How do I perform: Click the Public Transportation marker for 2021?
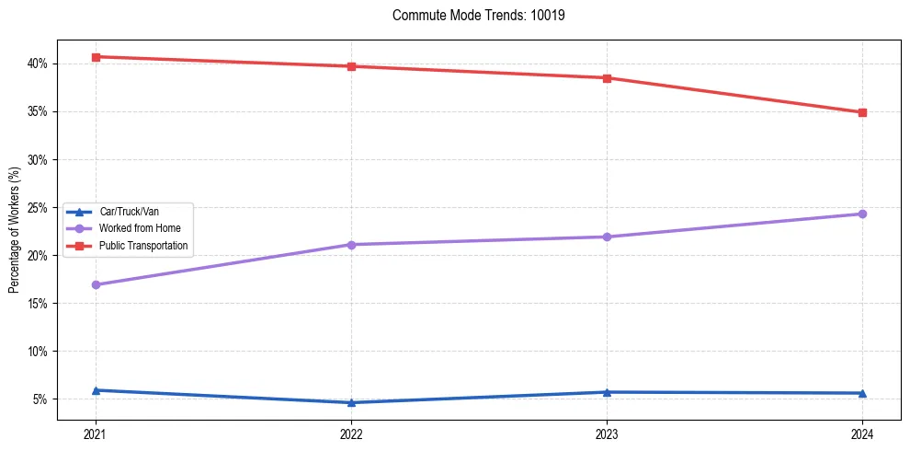coord(96,57)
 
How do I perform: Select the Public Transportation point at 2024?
coord(862,112)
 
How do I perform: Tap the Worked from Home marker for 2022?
coord(351,245)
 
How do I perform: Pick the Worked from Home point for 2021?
coord(96,284)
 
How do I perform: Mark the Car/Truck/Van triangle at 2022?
coord(351,402)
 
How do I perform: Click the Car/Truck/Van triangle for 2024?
coord(862,393)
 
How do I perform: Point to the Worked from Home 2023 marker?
coord(607,237)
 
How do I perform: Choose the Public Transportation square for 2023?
coord(607,78)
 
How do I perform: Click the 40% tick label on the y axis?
coord(38,64)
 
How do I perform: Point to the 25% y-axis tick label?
coord(38,207)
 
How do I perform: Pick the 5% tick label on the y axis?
coord(40,399)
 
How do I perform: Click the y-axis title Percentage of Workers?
coord(15,229)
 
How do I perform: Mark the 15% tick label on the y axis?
coord(38,303)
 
